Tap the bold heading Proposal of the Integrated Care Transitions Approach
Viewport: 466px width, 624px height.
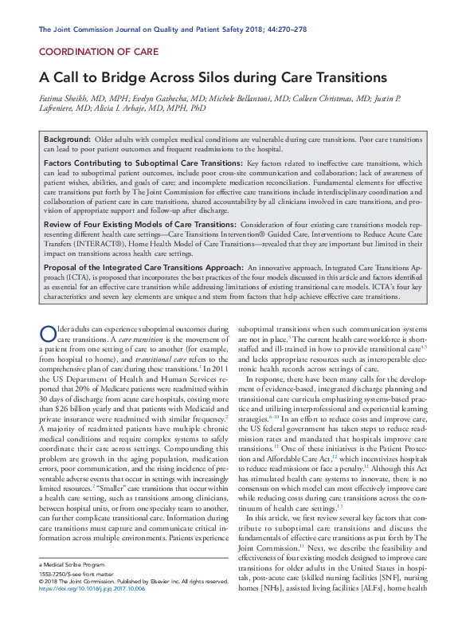143,268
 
